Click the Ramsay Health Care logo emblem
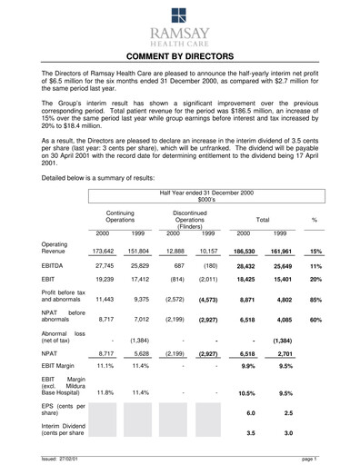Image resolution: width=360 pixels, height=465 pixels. click(180, 13)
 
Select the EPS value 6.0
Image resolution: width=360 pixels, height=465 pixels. click(250, 413)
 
